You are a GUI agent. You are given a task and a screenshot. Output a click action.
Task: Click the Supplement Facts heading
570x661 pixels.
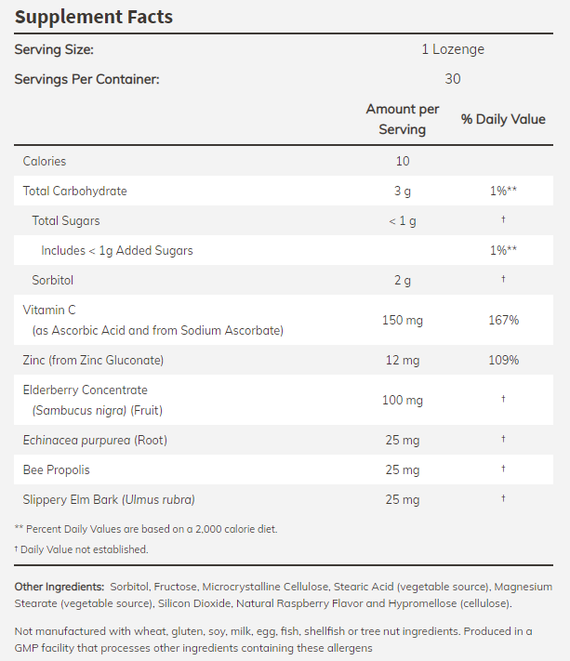click(94, 18)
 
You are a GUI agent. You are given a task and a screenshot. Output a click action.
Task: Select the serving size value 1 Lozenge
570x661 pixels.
click(453, 49)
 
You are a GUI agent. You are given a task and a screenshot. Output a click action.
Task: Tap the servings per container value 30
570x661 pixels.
click(453, 79)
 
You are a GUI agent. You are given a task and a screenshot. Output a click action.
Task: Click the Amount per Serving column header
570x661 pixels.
click(403, 120)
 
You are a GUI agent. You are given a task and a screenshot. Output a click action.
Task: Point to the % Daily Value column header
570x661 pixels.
click(503, 120)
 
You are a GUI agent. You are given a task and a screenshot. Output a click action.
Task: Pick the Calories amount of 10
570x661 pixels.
click(403, 161)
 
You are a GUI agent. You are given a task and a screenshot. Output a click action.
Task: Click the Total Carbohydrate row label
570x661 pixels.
click(75, 191)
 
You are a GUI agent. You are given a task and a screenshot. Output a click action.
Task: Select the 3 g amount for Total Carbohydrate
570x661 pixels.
click(403, 191)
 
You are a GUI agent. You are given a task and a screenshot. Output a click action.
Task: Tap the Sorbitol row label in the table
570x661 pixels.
click(53, 280)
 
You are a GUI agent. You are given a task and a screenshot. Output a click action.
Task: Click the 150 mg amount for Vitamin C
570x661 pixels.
click(403, 320)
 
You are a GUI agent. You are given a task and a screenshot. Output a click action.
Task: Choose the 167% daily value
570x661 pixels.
click(503, 320)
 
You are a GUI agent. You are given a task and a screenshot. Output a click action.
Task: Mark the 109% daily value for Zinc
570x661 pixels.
click(503, 360)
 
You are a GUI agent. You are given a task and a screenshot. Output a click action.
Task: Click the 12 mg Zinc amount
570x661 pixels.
click(403, 360)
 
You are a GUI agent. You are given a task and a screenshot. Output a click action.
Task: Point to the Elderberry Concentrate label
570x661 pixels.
click(86, 390)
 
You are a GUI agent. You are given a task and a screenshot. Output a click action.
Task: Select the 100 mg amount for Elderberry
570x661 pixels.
click(403, 400)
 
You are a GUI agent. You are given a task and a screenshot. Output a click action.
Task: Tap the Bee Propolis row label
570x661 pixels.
click(57, 469)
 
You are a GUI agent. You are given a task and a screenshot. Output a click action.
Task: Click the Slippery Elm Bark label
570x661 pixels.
click(109, 499)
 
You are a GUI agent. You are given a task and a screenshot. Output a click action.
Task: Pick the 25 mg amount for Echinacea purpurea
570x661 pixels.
click(403, 440)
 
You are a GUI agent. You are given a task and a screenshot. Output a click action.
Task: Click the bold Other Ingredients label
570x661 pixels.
click(59, 587)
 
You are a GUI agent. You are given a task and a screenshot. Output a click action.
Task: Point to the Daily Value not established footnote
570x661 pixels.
click(81, 549)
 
